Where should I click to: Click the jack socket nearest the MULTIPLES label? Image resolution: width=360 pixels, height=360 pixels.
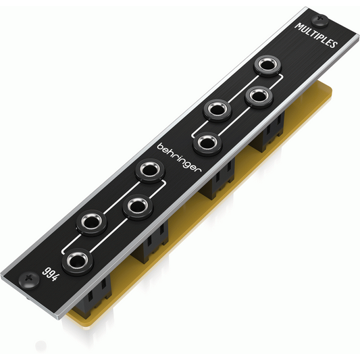coord(267,65)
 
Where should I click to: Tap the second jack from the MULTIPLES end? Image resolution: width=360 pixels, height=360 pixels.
coord(259,97)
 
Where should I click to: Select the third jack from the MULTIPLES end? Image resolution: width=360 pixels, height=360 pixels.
coord(217,110)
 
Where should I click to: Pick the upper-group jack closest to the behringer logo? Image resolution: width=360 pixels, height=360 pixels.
coord(207,144)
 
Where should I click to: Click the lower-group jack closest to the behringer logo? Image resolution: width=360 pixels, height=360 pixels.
coord(150,170)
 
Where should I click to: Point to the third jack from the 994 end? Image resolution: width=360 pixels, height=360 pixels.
coord(137,207)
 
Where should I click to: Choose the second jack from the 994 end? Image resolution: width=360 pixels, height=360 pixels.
coord(92,224)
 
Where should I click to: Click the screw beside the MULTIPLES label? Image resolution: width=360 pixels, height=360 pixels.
coord(320,20)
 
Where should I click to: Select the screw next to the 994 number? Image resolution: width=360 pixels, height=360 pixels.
coord(29,280)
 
